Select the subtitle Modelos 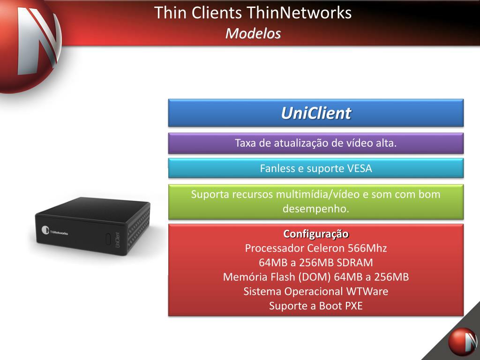click(253, 33)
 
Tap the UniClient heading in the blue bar click(316, 113)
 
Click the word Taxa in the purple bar click(246, 143)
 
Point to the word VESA click(360, 168)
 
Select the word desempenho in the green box click(316, 209)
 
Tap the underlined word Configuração click(316, 233)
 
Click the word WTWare click(367, 291)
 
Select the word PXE click(354, 306)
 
